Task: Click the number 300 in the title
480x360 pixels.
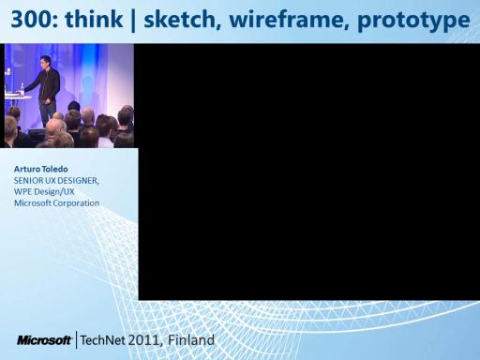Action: point(31,20)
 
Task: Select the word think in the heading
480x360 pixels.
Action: point(94,19)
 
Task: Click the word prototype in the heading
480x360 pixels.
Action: point(413,21)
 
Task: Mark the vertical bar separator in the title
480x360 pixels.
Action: point(133,20)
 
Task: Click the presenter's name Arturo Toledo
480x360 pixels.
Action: point(41,169)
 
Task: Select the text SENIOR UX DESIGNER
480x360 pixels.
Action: point(56,181)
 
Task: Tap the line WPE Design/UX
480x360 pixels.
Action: point(44,191)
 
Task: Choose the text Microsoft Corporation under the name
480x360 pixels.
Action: point(56,202)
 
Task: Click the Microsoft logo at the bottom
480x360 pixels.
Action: point(44,340)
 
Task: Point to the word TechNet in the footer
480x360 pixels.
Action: point(102,340)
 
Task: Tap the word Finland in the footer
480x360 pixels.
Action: point(191,340)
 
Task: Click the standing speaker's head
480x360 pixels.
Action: point(45,62)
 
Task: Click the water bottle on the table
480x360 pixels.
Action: point(22,89)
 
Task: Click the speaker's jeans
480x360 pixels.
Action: point(48,113)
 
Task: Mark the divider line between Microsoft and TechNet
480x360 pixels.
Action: point(76,340)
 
